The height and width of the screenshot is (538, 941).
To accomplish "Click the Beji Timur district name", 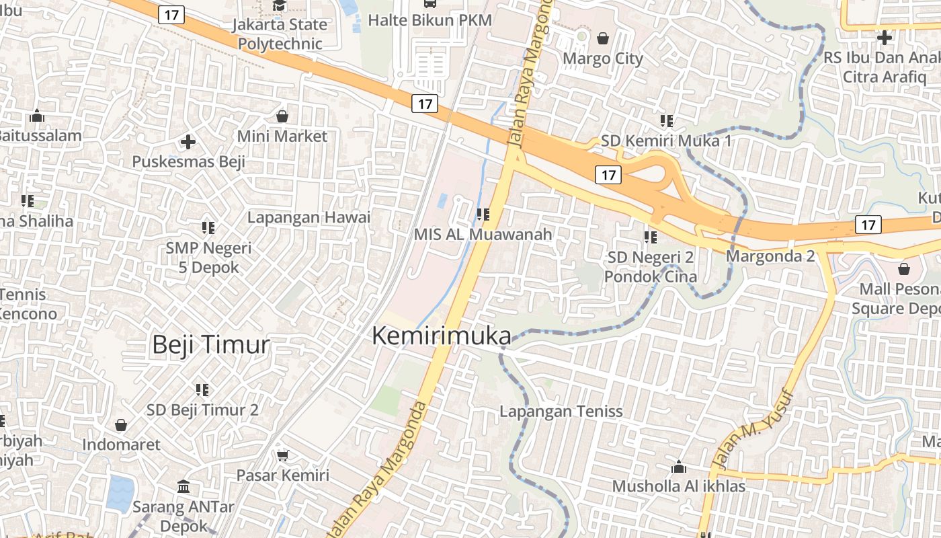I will (x=210, y=345).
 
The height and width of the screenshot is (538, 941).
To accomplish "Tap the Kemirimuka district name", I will (x=441, y=336).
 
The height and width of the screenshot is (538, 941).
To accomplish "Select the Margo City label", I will (x=603, y=59).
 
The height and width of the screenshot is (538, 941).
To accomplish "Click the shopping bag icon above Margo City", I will (x=603, y=38).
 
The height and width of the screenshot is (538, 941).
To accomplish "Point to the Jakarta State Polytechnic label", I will (x=280, y=34).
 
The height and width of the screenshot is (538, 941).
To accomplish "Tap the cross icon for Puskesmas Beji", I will (x=188, y=142).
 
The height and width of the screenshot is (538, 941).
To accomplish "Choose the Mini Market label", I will (x=282, y=137).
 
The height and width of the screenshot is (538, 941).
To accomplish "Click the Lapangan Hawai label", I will (x=309, y=217).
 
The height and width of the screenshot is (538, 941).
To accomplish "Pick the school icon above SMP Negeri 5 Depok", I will (x=208, y=228).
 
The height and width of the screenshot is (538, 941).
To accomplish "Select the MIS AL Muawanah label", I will (x=483, y=235).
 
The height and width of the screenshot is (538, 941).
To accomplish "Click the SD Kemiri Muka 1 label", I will (x=665, y=141).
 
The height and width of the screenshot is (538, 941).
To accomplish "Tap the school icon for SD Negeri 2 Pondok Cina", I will (x=650, y=237).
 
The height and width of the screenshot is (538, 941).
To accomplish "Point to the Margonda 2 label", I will (x=770, y=256).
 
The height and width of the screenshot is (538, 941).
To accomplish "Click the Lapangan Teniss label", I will (x=561, y=412).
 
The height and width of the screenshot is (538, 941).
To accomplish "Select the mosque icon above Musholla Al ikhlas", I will (x=679, y=467).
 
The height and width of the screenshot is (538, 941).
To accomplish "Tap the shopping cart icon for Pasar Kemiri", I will (x=283, y=455).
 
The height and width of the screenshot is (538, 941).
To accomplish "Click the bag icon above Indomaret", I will (x=121, y=425).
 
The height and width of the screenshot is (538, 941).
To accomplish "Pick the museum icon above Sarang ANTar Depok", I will (x=183, y=486).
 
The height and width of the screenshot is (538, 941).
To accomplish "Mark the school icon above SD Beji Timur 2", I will (x=202, y=389).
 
